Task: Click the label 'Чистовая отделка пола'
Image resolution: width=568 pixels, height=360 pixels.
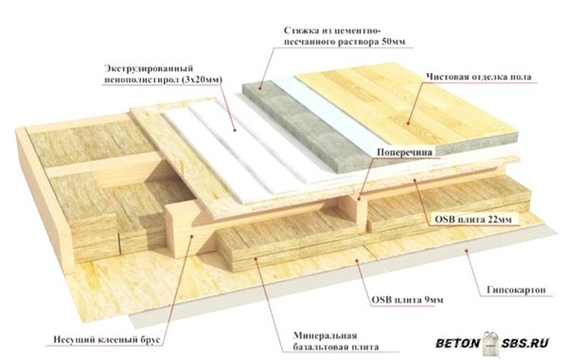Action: click(479, 77)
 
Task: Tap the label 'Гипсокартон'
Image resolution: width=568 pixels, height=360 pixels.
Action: click(516, 290)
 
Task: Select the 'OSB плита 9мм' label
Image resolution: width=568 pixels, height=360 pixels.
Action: click(407, 299)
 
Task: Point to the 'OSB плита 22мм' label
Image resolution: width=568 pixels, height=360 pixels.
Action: click(473, 220)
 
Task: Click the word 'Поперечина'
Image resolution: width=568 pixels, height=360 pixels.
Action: click(404, 152)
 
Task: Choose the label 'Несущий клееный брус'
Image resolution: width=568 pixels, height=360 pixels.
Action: click(106, 340)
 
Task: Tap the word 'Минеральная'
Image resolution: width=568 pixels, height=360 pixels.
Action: click(325, 335)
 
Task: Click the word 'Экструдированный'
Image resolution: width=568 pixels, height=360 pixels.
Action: click(149, 68)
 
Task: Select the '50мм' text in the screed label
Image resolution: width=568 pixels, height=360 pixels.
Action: click(394, 42)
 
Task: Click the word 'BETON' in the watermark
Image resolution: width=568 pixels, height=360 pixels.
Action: click(457, 343)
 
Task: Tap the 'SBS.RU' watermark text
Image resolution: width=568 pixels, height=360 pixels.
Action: click(525, 343)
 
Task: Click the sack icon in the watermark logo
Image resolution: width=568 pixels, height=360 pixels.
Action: click(490, 344)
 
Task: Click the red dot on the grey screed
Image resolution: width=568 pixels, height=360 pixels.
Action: click(259, 88)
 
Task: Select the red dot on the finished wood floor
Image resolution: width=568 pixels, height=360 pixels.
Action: click(408, 123)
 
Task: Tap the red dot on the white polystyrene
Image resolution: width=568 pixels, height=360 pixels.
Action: click(235, 130)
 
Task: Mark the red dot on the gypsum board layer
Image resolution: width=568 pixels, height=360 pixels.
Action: click(466, 250)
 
